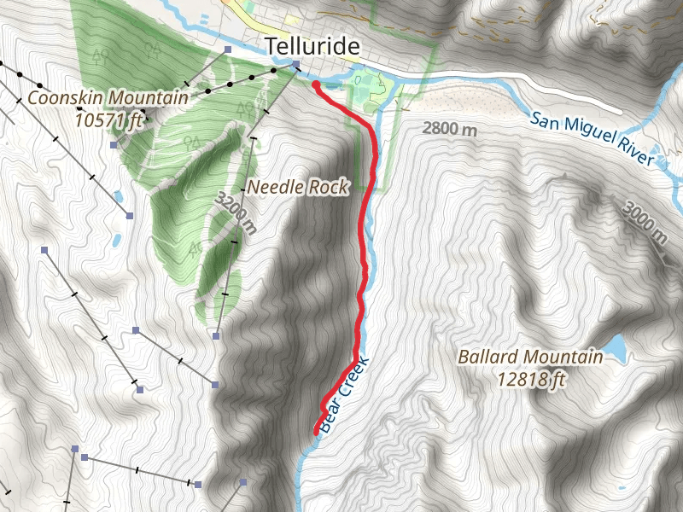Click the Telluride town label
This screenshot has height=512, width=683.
pyautogui.click(x=311, y=47)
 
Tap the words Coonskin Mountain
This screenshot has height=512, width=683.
pyautogui.click(x=108, y=98)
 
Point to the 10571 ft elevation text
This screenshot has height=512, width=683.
pyautogui.click(x=108, y=119)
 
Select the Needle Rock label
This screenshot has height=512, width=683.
pyautogui.click(x=298, y=187)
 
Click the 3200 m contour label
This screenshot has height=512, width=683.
pyautogui.click(x=236, y=213)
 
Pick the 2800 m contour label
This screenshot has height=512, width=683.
pyautogui.click(x=450, y=130)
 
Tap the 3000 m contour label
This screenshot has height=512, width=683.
pyautogui.click(x=645, y=222)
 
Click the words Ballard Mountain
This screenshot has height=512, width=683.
pyautogui.click(x=529, y=357)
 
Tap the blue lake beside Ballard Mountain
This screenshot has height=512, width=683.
pyautogui.click(x=616, y=347)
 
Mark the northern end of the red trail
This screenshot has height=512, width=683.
pyautogui.click(x=316, y=84)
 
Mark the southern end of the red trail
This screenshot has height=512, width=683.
pyautogui.click(x=317, y=432)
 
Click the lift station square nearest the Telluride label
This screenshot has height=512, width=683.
pyautogui.click(x=295, y=64)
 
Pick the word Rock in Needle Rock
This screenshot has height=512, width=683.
pyautogui.click(x=330, y=187)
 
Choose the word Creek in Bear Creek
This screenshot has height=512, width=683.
pyautogui.click(x=355, y=373)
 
